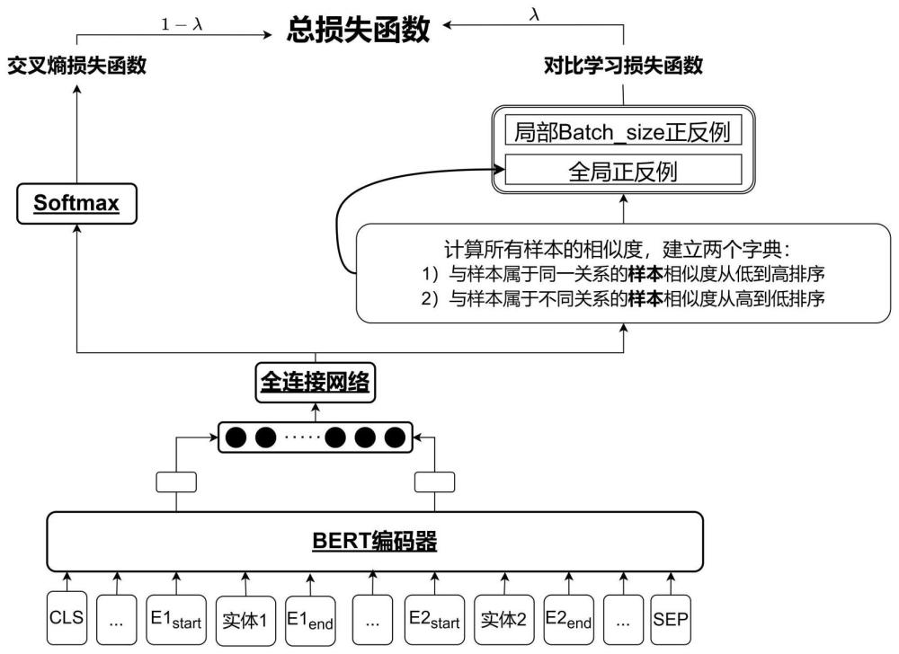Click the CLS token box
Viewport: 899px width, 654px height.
[67, 618]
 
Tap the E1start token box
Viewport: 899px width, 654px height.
[176, 618]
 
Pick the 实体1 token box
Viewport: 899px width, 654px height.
[243, 618]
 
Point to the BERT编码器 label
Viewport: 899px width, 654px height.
[374, 541]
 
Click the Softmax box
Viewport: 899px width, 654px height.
[76, 202]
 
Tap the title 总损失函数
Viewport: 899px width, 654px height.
[359, 31]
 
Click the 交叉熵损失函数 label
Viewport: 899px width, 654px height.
[77, 66]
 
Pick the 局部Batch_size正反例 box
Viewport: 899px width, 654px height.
[623, 133]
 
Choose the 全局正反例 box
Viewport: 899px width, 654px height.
[623, 171]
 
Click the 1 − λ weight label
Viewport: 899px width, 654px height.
[182, 25]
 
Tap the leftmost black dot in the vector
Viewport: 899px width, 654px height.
[236, 438]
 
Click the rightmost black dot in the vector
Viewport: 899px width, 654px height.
[395, 438]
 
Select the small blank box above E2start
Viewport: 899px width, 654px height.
[434, 482]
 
